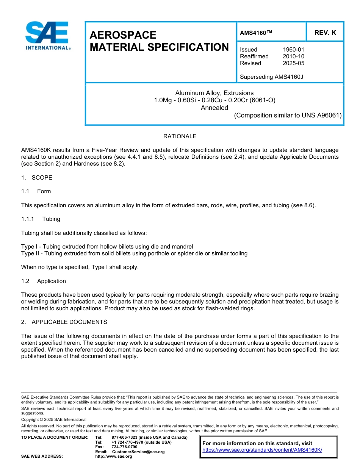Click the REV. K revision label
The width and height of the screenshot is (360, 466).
coord(325,33)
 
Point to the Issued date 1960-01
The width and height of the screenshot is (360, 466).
coord(293,50)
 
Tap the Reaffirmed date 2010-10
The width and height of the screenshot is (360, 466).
coord(293,56)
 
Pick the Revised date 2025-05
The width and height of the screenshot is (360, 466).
coord(293,63)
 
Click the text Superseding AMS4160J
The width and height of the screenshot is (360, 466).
coord(271,77)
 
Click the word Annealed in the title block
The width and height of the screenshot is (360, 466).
coord(214,108)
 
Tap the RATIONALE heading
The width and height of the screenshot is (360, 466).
coord(180,136)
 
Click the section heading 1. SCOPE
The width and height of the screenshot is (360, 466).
coord(37,178)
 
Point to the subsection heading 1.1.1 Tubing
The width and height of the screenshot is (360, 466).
coord(41,219)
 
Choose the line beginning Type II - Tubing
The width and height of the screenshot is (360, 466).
coord(134,253)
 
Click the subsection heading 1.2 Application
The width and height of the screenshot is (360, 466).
coord(44,281)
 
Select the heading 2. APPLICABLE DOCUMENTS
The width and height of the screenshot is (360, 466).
coord(64,322)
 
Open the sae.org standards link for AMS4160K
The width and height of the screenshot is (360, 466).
coord(262,450)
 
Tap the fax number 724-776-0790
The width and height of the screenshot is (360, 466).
coord(124,447)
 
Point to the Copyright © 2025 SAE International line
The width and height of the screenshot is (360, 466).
coord(54,419)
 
